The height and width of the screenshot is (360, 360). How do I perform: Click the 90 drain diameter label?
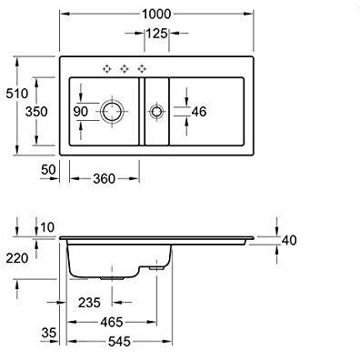tap(82, 112)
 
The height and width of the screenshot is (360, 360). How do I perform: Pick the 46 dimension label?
tap(197, 112)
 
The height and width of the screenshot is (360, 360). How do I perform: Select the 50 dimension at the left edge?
tap(49, 170)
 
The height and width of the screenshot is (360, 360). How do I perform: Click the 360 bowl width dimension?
tap(105, 178)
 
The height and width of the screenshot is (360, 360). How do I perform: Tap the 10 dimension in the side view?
tap(47, 226)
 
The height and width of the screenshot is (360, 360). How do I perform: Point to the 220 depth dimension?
tap(15, 257)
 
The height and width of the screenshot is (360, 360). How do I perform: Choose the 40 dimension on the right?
tap(290, 240)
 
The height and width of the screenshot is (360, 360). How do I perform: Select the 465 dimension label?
tap(114, 322)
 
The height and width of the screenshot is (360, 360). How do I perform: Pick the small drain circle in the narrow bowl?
tap(156, 112)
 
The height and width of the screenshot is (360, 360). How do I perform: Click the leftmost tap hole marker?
tap(105, 68)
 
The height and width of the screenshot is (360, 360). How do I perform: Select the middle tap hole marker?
tap(123, 68)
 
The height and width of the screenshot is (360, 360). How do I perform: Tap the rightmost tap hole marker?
tap(141, 68)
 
